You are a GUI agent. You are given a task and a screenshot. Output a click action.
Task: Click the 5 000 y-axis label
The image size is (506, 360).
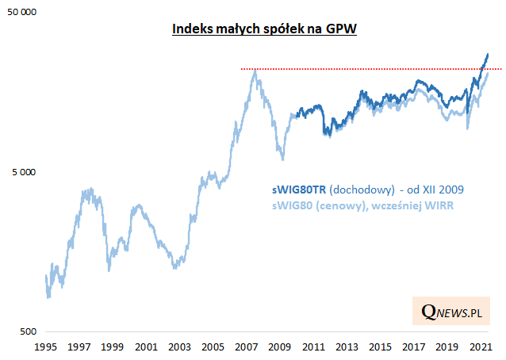25,172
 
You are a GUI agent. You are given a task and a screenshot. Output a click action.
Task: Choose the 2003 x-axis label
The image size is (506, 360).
178,347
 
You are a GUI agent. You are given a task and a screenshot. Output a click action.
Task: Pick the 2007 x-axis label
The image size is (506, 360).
244,347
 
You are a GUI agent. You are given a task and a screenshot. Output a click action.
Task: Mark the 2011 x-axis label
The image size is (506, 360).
311,347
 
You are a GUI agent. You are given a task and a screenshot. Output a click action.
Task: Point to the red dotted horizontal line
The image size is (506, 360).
357,69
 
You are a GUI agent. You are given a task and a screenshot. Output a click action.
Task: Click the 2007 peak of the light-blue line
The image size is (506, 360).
255,71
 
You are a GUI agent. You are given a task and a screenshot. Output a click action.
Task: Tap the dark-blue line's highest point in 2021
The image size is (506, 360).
487,53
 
